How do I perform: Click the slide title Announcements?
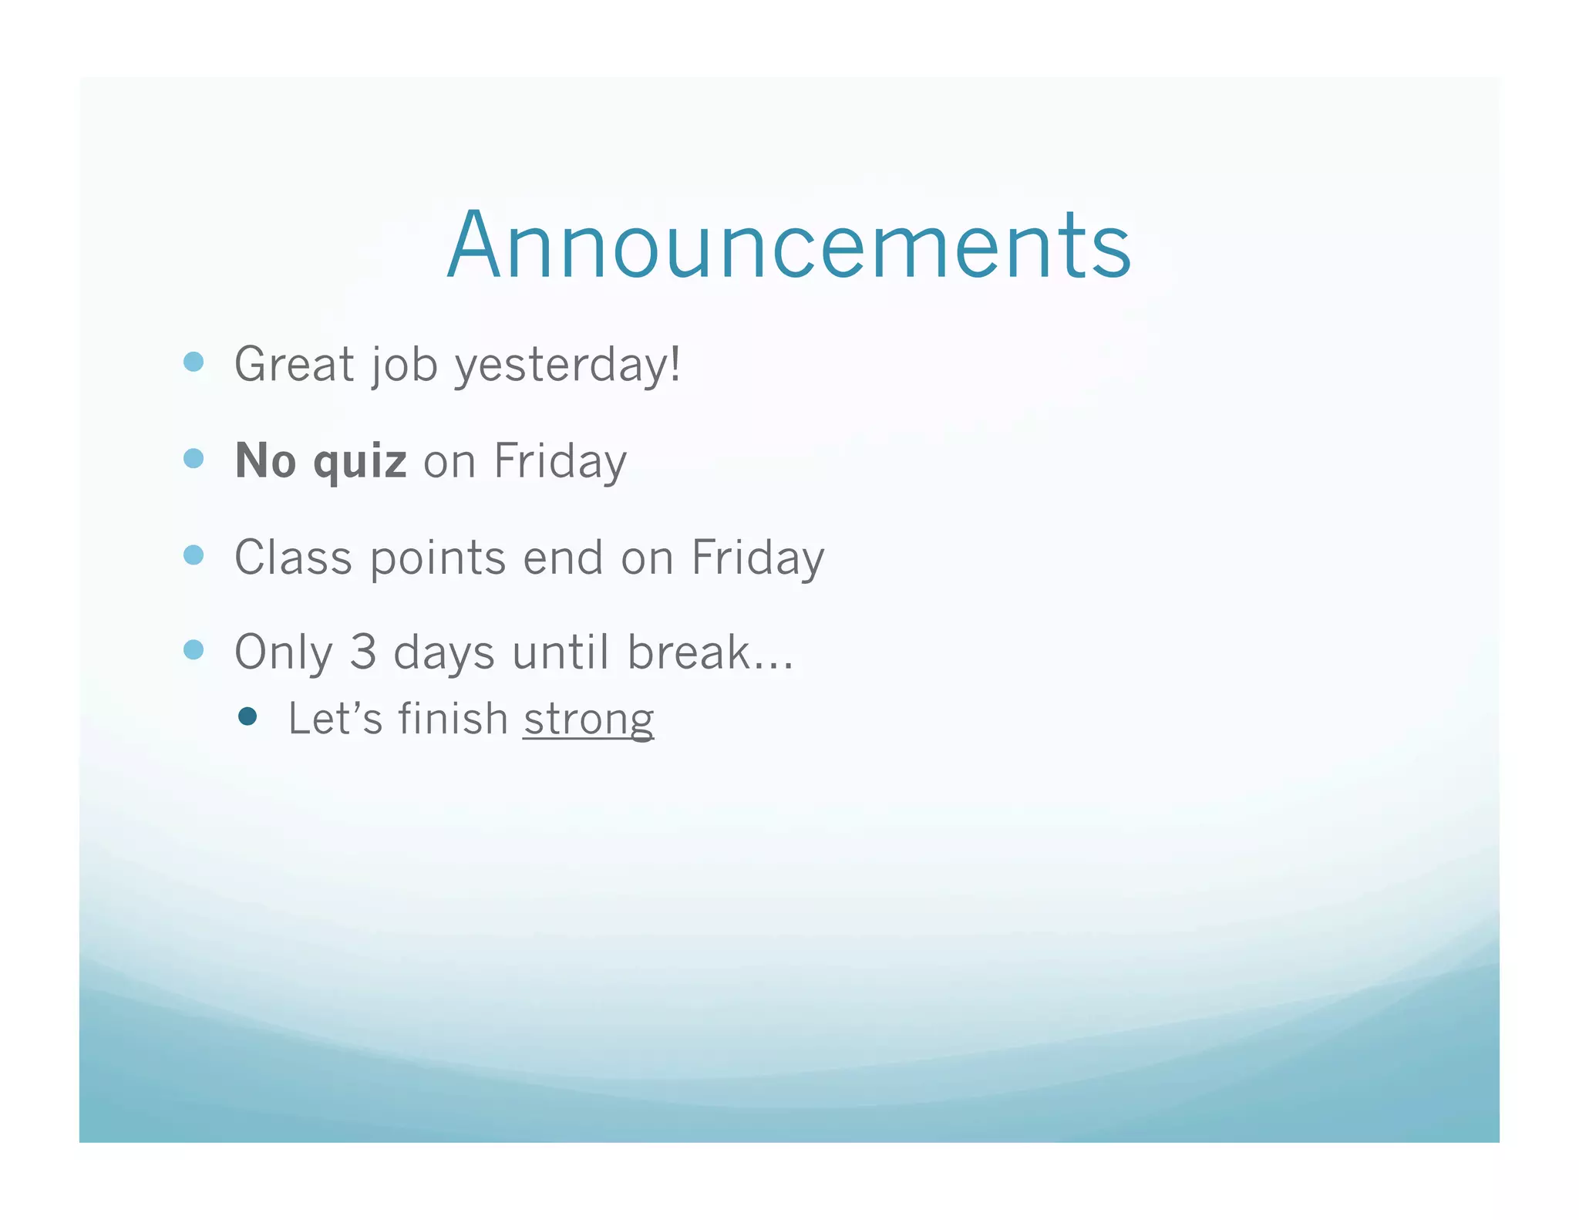pos(789,245)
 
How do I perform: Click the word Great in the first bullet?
pos(294,364)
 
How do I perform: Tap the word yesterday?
pos(567,366)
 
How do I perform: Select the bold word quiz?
pos(359,462)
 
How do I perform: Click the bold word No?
pos(265,460)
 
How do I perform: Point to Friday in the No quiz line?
pos(560,462)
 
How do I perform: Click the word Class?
pos(293,557)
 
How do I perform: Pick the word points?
pos(437,558)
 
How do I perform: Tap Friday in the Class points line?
pos(757,558)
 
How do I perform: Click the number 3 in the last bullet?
pos(362,652)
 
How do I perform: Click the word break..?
pos(688,652)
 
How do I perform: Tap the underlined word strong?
pos(588,720)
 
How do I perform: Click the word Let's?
pos(335,718)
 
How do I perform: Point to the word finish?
pos(453,718)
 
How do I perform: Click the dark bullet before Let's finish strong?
pos(247,716)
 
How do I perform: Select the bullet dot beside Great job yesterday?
pos(194,362)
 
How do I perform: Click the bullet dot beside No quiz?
pos(194,459)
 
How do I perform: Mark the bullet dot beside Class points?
pos(194,555)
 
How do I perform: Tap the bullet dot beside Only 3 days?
pos(194,650)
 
